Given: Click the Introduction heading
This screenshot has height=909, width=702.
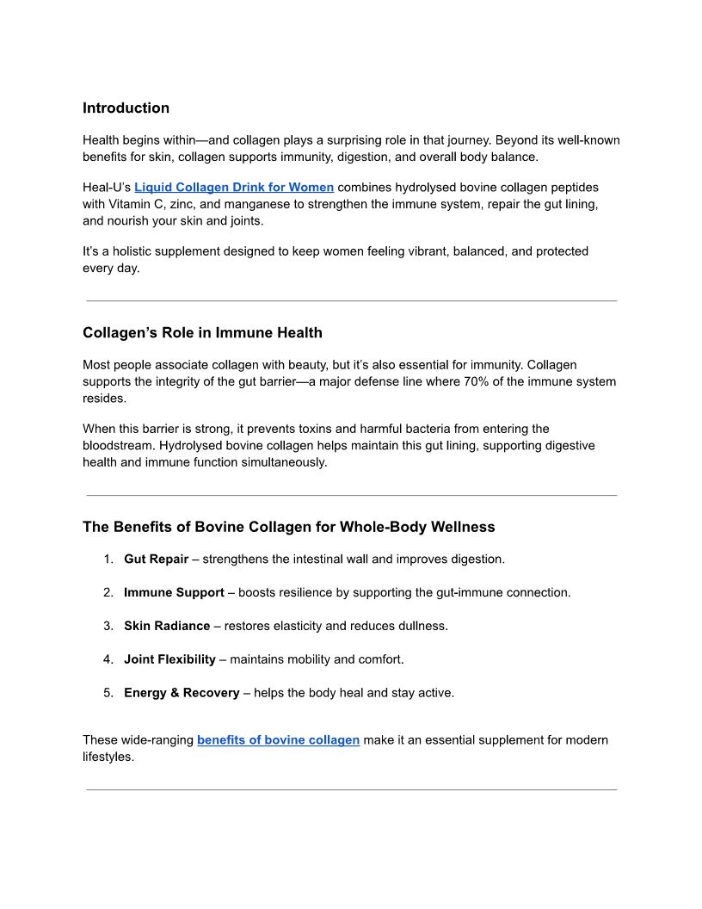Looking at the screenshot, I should click(126, 108).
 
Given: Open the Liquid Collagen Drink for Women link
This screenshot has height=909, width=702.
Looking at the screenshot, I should click(234, 188).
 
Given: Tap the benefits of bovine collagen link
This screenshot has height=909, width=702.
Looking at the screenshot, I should click(278, 740).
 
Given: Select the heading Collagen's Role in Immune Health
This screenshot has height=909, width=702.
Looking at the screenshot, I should click(202, 333).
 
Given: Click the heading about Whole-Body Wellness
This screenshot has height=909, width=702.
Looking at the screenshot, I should click(288, 527).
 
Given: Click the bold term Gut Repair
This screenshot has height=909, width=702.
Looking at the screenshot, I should click(156, 560).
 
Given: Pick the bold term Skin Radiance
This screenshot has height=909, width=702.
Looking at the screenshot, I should click(167, 627).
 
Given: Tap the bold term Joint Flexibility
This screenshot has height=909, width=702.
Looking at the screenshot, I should click(169, 660).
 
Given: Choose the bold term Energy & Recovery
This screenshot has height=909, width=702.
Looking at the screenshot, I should click(182, 693).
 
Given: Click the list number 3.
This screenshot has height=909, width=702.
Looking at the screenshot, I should click(108, 627).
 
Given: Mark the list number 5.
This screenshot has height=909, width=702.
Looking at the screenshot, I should click(108, 693).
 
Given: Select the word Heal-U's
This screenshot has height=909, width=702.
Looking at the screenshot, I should click(107, 188).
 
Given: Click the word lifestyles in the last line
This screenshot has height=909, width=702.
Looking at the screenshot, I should click(108, 757).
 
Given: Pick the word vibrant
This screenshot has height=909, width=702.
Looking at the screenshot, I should click(433, 251).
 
